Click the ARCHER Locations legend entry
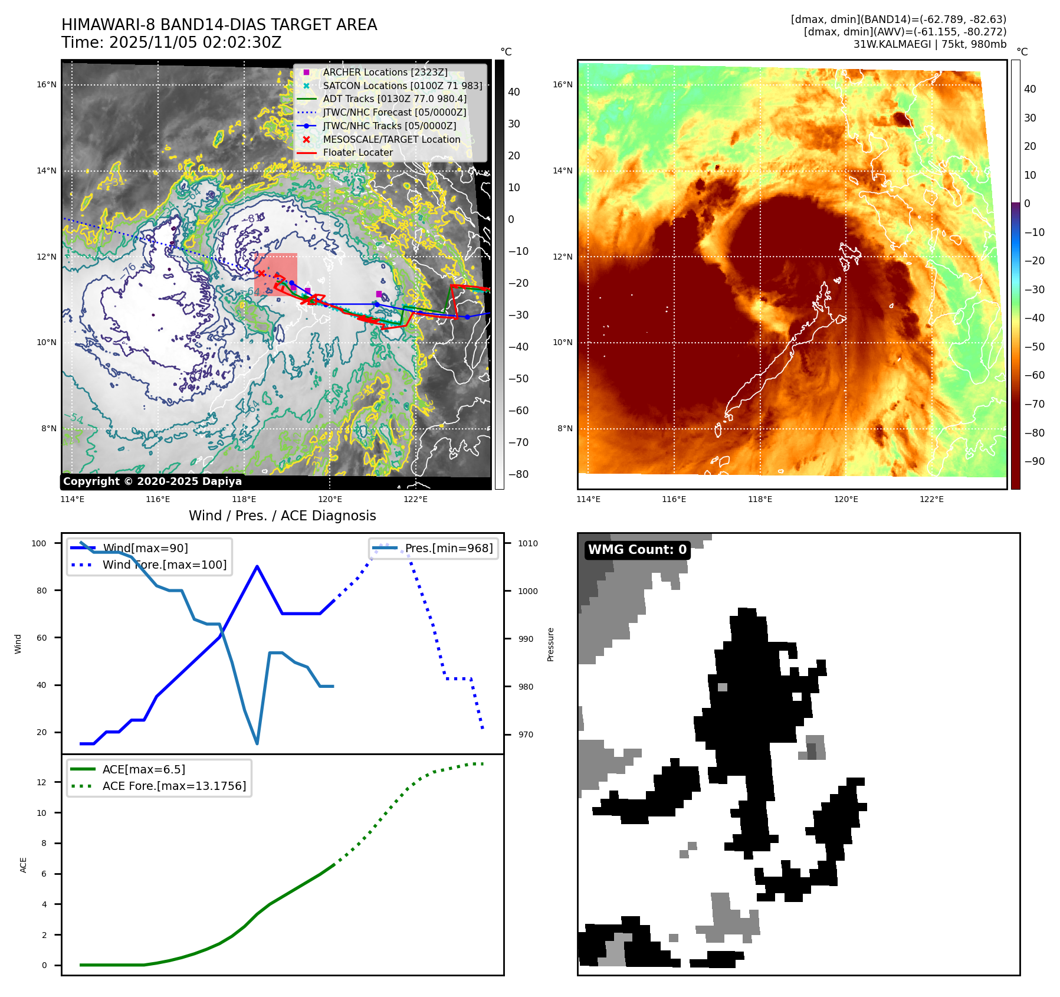pyautogui.click(x=385, y=72)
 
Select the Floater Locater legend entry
pyautogui.click(x=357, y=152)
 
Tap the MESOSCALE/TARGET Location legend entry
pyautogui.click(x=391, y=139)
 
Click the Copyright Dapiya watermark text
pyautogui.click(x=152, y=481)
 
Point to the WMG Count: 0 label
pyautogui.click(x=637, y=550)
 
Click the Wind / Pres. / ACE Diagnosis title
pyautogui.click(x=282, y=516)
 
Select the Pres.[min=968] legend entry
pyautogui.click(x=448, y=548)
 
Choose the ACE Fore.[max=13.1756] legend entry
pyautogui.click(x=174, y=786)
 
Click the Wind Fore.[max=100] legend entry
pyautogui.click(x=164, y=565)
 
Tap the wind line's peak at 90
pyautogui.click(x=257, y=566)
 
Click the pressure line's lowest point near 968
pyautogui.click(x=257, y=743)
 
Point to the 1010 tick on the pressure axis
pyautogui.click(x=528, y=543)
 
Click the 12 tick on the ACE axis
pyautogui.click(x=41, y=782)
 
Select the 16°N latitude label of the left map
pyautogui.click(x=47, y=84)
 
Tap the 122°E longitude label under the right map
pyautogui.click(x=931, y=499)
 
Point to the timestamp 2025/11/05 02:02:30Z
pyautogui.click(x=195, y=42)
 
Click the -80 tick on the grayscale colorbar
pyautogui.click(x=518, y=474)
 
